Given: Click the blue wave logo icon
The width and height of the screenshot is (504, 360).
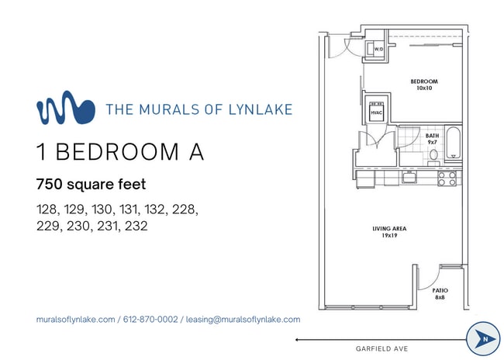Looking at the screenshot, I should (x=65, y=109).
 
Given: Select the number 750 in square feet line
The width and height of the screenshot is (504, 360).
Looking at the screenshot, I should (x=51, y=185).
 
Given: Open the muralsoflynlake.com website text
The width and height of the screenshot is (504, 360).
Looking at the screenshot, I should (x=76, y=320).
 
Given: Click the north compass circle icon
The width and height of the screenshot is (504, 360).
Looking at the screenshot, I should (x=483, y=339).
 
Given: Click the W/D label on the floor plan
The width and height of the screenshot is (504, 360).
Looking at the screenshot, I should (x=379, y=50).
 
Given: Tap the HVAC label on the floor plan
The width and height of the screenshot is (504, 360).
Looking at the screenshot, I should (x=378, y=113).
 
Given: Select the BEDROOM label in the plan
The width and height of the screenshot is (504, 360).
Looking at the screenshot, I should (x=424, y=81).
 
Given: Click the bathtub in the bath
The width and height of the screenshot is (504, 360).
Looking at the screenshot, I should (x=455, y=147).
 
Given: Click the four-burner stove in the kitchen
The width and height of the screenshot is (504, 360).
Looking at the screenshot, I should (x=447, y=178).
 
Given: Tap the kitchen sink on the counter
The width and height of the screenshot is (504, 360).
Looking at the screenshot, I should (x=409, y=178).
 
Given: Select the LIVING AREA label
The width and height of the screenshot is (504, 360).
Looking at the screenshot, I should (x=389, y=229).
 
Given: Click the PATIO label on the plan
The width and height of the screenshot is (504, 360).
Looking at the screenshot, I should (x=440, y=291).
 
